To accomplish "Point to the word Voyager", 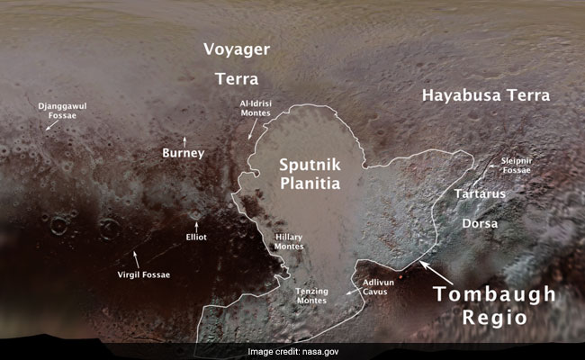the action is coord(237,49).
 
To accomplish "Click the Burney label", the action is coord(184,154).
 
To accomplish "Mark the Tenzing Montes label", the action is coord(310,298).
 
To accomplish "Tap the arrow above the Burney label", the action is coord(184,139).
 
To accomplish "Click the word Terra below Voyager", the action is coord(237,79).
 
